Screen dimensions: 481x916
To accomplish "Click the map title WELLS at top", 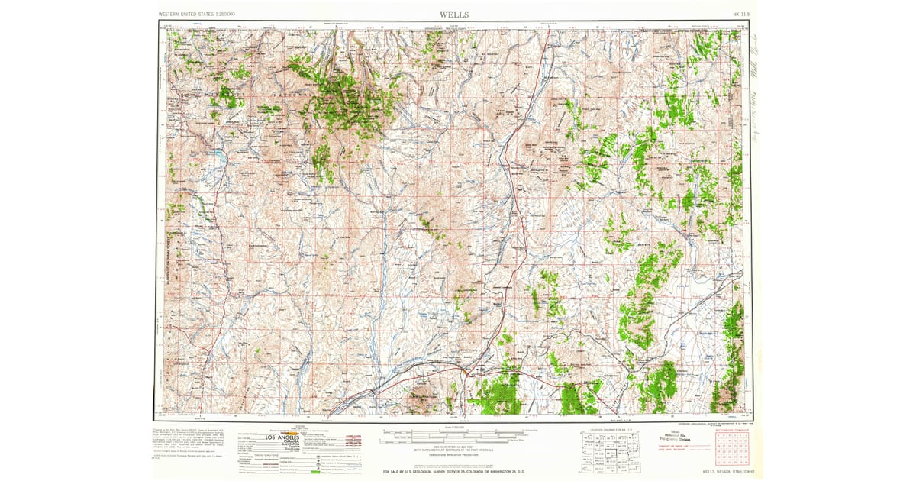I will coord(454,15).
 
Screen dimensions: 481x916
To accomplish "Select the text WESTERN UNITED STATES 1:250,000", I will coord(197,15).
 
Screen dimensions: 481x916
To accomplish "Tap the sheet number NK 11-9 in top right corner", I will coord(740,15).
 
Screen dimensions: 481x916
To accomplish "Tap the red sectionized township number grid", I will coord(731,450).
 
